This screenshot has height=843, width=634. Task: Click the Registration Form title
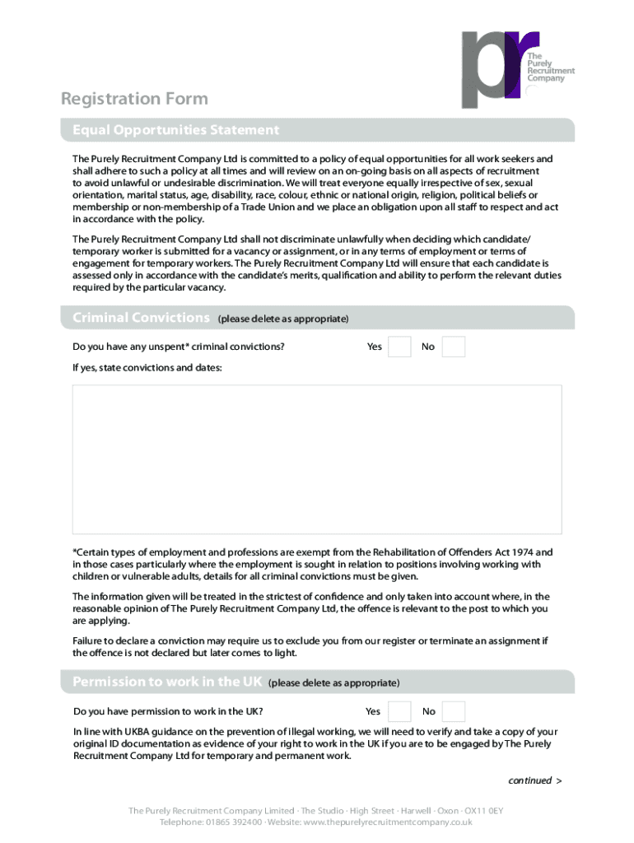tap(134, 99)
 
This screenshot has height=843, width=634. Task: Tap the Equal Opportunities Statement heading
tap(175, 130)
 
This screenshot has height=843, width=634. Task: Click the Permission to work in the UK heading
tap(167, 682)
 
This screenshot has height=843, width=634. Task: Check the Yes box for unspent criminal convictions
tap(399, 347)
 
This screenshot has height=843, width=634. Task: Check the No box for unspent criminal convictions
tap(454, 347)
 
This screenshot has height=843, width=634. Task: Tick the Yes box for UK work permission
tap(399, 711)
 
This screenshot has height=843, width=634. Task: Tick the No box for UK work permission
tap(454, 711)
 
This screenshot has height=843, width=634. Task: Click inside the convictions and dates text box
tap(317, 459)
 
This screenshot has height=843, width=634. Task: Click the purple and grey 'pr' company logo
tap(501, 69)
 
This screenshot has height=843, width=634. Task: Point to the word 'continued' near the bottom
tap(529, 780)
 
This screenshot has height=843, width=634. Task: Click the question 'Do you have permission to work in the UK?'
tap(168, 711)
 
